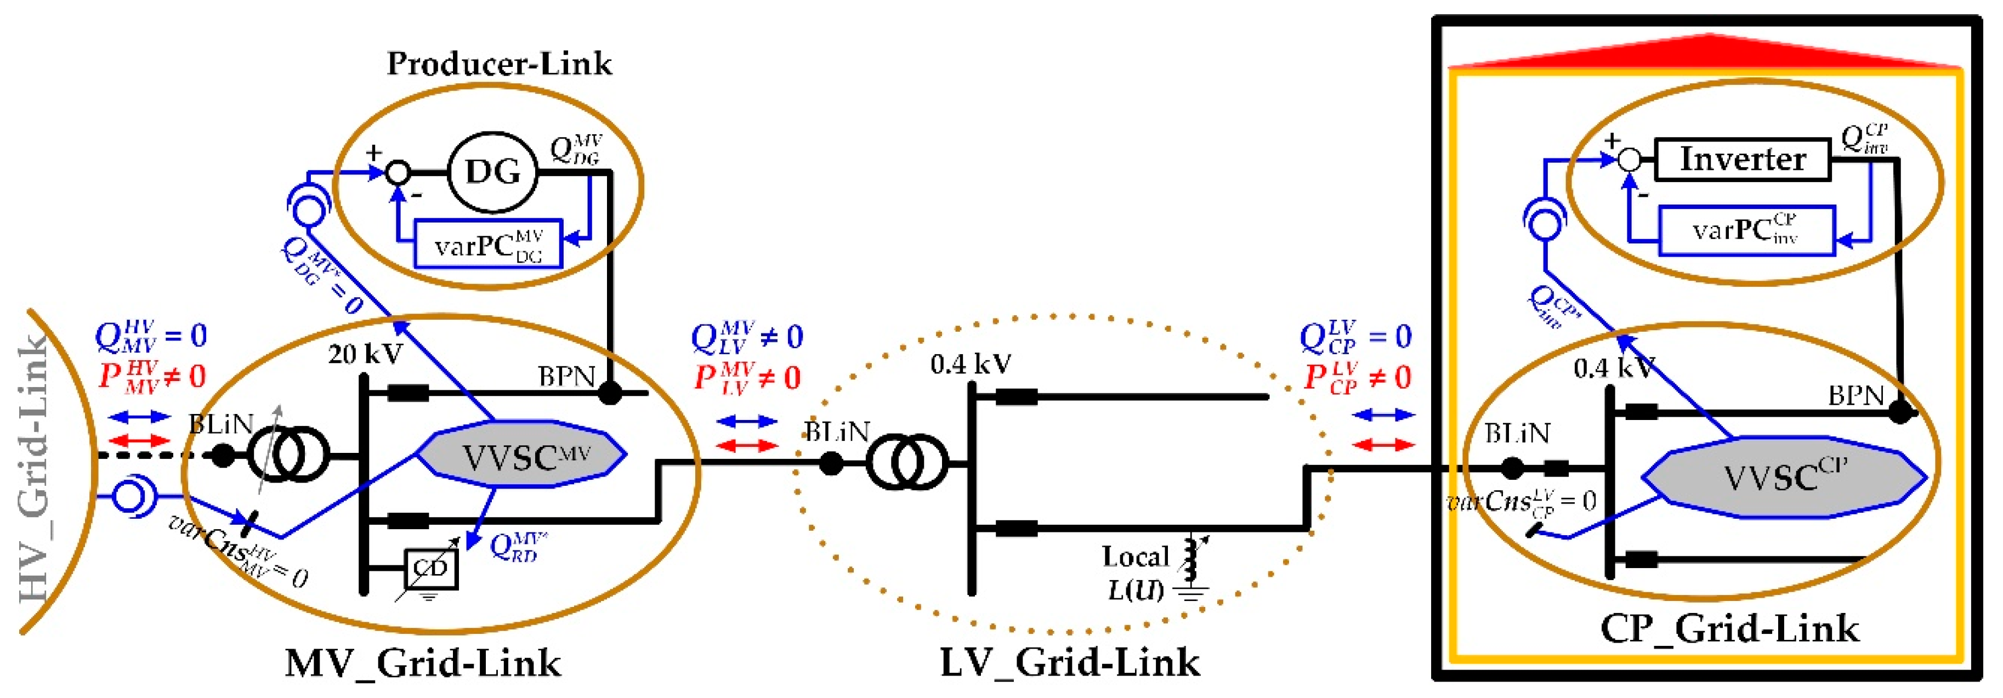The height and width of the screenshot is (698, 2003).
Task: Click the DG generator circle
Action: (493, 172)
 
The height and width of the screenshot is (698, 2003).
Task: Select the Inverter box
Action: (1743, 160)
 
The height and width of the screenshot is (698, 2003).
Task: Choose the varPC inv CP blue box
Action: (1746, 230)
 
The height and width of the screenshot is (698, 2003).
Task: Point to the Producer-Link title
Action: (499, 64)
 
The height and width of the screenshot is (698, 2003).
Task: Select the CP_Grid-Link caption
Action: (1729, 628)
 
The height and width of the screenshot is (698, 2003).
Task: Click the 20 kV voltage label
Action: (365, 354)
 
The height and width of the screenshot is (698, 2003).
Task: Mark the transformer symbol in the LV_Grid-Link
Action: (906, 463)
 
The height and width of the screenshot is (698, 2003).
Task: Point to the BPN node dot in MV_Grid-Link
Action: (610, 393)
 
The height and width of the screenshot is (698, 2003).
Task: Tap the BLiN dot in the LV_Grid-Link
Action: (831, 464)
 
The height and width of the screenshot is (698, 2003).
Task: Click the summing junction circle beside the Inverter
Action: (1629, 160)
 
